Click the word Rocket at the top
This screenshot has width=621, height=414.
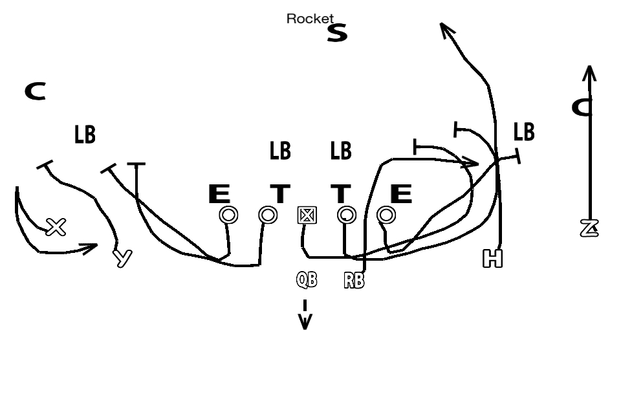click(x=310, y=19)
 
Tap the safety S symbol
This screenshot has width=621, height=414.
click(x=337, y=32)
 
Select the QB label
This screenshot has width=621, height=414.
click(x=307, y=280)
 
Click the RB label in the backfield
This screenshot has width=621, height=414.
click(x=354, y=281)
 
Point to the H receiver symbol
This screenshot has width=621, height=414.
click(x=492, y=259)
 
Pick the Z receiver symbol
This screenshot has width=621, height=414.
click(x=589, y=228)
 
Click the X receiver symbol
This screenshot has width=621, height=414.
click(x=56, y=226)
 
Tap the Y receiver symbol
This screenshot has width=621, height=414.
click(x=122, y=257)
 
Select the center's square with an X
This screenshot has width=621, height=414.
click(x=307, y=215)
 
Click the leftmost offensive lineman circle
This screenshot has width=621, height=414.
click(x=228, y=215)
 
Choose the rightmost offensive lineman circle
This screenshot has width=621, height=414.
click(x=386, y=214)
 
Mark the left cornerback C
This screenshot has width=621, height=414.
click(x=35, y=92)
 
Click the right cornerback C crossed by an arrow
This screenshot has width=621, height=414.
click(x=582, y=107)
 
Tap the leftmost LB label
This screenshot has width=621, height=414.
click(x=85, y=135)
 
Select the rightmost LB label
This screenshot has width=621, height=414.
click(x=524, y=132)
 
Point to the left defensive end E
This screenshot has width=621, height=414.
click(x=219, y=193)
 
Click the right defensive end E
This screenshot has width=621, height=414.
click(x=401, y=193)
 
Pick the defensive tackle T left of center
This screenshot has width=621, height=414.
click(x=280, y=193)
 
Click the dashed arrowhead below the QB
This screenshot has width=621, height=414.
click(x=305, y=321)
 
